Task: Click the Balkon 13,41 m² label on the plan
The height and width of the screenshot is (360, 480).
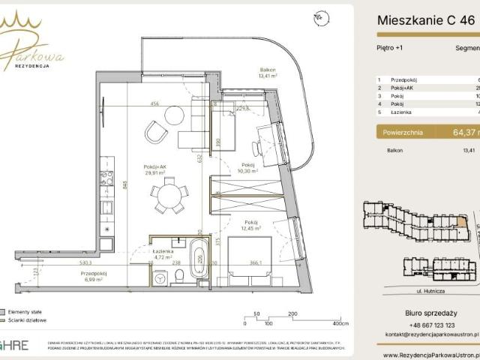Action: [x=268, y=71]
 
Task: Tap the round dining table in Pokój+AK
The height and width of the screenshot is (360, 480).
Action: [x=169, y=197]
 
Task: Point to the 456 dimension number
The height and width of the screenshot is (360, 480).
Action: [x=154, y=103]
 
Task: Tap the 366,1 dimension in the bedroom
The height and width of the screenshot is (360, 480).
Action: [x=257, y=263]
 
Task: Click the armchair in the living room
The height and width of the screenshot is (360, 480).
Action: [x=157, y=133]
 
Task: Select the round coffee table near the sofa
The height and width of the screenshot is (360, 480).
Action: [x=174, y=115]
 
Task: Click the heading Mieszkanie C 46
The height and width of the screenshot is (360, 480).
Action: [x=425, y=22]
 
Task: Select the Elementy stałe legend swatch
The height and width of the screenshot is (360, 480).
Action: [x=3, y=310]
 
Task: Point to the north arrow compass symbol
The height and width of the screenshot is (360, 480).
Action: [x=321, y=15]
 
